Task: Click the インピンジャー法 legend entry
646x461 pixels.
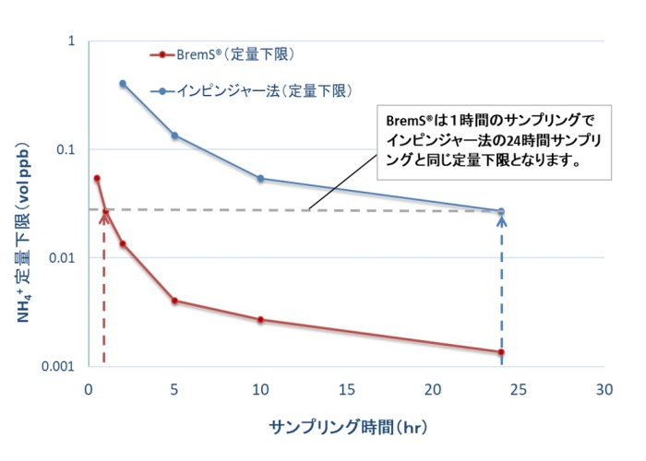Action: (267, 90)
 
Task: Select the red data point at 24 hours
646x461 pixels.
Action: (501, 352)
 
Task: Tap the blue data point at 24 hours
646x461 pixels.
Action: (501, 211)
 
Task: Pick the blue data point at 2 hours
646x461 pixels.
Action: (123, 84)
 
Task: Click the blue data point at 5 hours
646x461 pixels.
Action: (174, 136)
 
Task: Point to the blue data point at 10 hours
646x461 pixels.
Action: (260, 178)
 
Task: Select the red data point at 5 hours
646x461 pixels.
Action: (174, 301)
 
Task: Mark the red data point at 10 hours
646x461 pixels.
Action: (260, 320)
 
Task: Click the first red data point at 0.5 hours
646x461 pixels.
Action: (97, 178)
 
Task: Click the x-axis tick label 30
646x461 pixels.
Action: (604, 387)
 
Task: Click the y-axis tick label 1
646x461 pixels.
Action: (72, 41)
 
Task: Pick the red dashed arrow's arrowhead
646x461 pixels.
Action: (105, 214)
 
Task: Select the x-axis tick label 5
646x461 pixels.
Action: (174, 387)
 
